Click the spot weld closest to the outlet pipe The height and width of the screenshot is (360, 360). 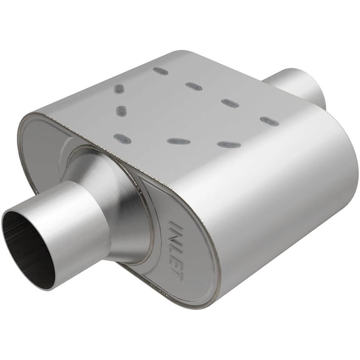coord(269,120)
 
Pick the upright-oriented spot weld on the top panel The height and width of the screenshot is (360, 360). coord(121,112)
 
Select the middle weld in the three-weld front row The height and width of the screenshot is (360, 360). coord(178,141)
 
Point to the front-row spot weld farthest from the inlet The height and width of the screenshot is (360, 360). coord(229,144)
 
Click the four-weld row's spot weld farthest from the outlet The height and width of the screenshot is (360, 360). coord(160,71)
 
